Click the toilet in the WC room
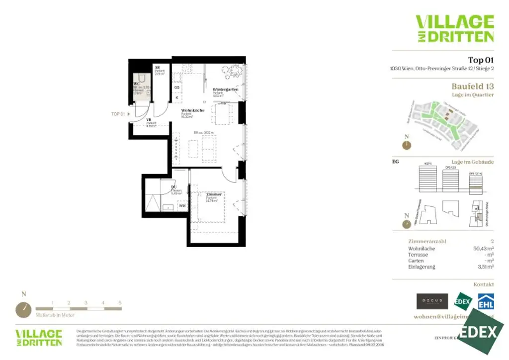[142, 80]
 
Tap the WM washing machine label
[182, 205]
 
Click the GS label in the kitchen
[177, 88]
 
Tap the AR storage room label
[157, 67]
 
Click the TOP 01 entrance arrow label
[118, 114]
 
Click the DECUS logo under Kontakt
[429, 300]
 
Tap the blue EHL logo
[486, 301]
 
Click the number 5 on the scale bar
[120, 302]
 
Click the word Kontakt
[484, 284]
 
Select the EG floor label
[396, 162]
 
